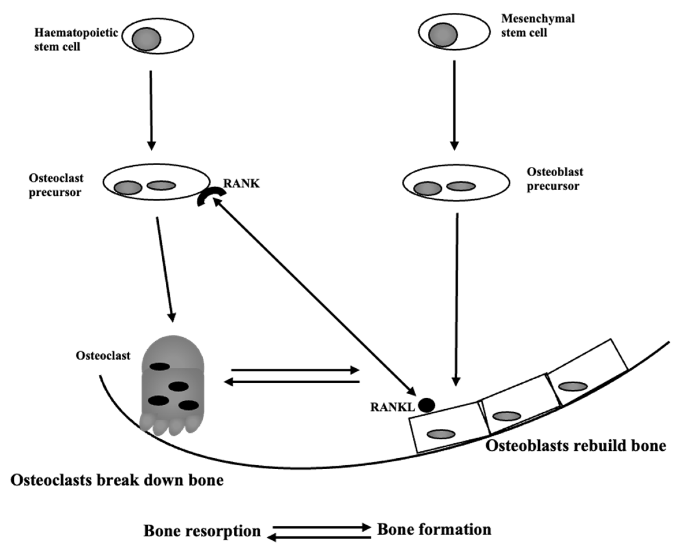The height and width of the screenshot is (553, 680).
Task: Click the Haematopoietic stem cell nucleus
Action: [x=146, y=39]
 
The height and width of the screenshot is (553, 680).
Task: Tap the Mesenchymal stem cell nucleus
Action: [x=443, y=34]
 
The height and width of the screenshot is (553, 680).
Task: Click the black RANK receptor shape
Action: [x=211, y=195]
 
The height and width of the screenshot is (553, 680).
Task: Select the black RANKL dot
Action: [x=426, y=406]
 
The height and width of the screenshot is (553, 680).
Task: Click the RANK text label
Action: [x=241, y=183]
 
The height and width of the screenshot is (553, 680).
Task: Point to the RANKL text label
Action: [x=392, y=407]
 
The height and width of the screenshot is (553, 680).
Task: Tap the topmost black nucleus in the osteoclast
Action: [x=160, y=367]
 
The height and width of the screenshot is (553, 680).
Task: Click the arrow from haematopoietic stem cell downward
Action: [x=151, y=110]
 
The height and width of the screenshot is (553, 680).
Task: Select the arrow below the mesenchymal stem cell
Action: [x=454, y=105]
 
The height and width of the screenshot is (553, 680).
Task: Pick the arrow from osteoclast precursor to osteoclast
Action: [x=165, y=269]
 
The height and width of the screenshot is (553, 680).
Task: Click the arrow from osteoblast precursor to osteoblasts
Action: [x=457, y=299]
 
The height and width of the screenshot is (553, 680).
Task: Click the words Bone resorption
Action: [x=202, y=531]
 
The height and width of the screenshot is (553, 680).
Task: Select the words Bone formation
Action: [x=434, y=529]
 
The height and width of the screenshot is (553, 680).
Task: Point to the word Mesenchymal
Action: [x=538, y=18]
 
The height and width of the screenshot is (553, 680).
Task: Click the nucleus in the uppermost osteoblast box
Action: [x=573, y=386]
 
